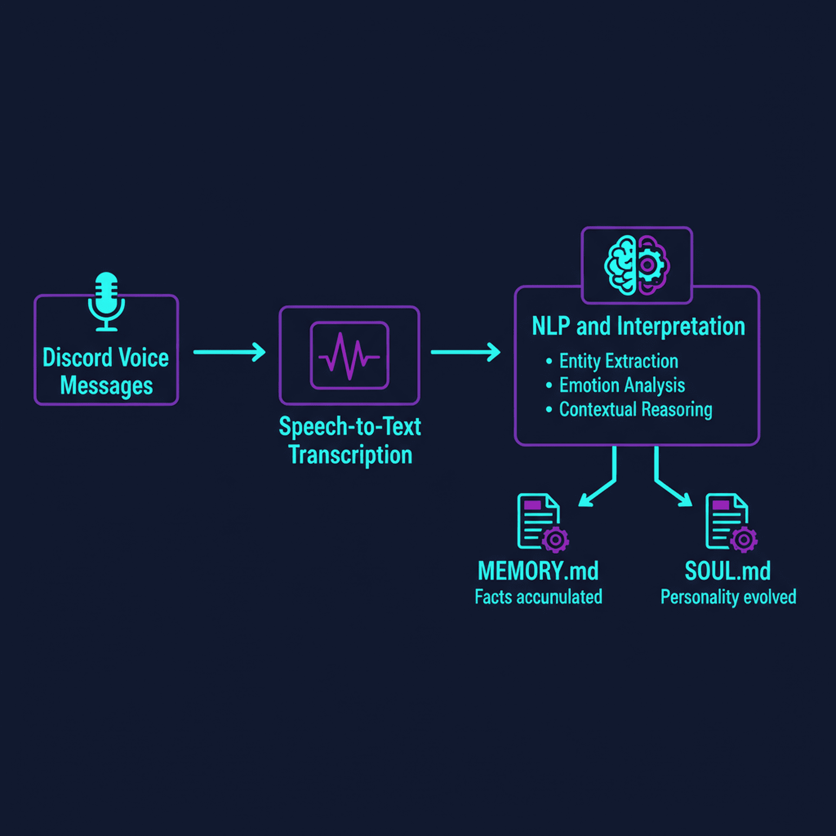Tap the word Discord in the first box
point(78,358)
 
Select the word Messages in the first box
point(106,386)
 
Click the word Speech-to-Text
point(350,426)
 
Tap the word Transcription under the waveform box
point(350,455)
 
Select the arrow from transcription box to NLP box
point(465,352)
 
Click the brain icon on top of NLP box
point(637,265)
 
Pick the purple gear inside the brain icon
point(647,265)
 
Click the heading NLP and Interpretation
point(638,326)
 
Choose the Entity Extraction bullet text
point(618,361)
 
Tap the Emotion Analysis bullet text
point(622,385)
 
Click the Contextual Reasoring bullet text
point(635,409)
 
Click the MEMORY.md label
point(538,571)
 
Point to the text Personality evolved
point(728,597)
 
